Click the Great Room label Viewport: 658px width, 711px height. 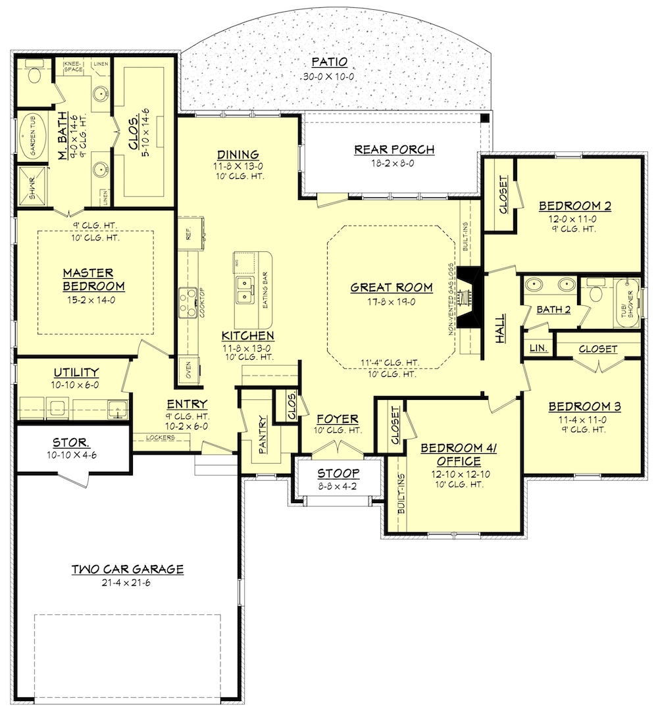pos(391,287)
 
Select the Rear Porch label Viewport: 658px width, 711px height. pos(393,149)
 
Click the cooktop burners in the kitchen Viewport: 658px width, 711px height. pos(186,301)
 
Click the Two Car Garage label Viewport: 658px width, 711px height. pos(127,569)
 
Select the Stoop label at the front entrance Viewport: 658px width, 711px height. pos(338,473)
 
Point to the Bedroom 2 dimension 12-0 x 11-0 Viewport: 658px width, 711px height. pos(575,218)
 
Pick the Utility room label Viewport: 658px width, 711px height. pos(77,372)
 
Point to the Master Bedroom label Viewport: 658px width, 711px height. pos(93,279)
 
